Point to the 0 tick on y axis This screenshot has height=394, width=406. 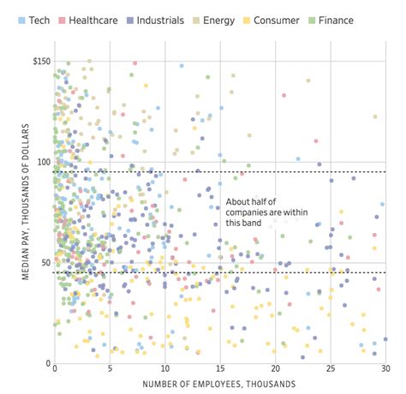[46, 363]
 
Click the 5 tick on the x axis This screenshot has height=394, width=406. [109, 371]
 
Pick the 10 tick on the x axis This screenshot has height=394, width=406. [164, 371]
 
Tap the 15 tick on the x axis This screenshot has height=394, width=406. [220, 371]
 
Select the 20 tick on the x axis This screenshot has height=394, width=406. [275, 371]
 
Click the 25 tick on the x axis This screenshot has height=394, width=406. [331, 371]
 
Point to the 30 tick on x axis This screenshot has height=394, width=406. [385, 371]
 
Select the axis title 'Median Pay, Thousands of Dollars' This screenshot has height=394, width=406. [27, 212]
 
